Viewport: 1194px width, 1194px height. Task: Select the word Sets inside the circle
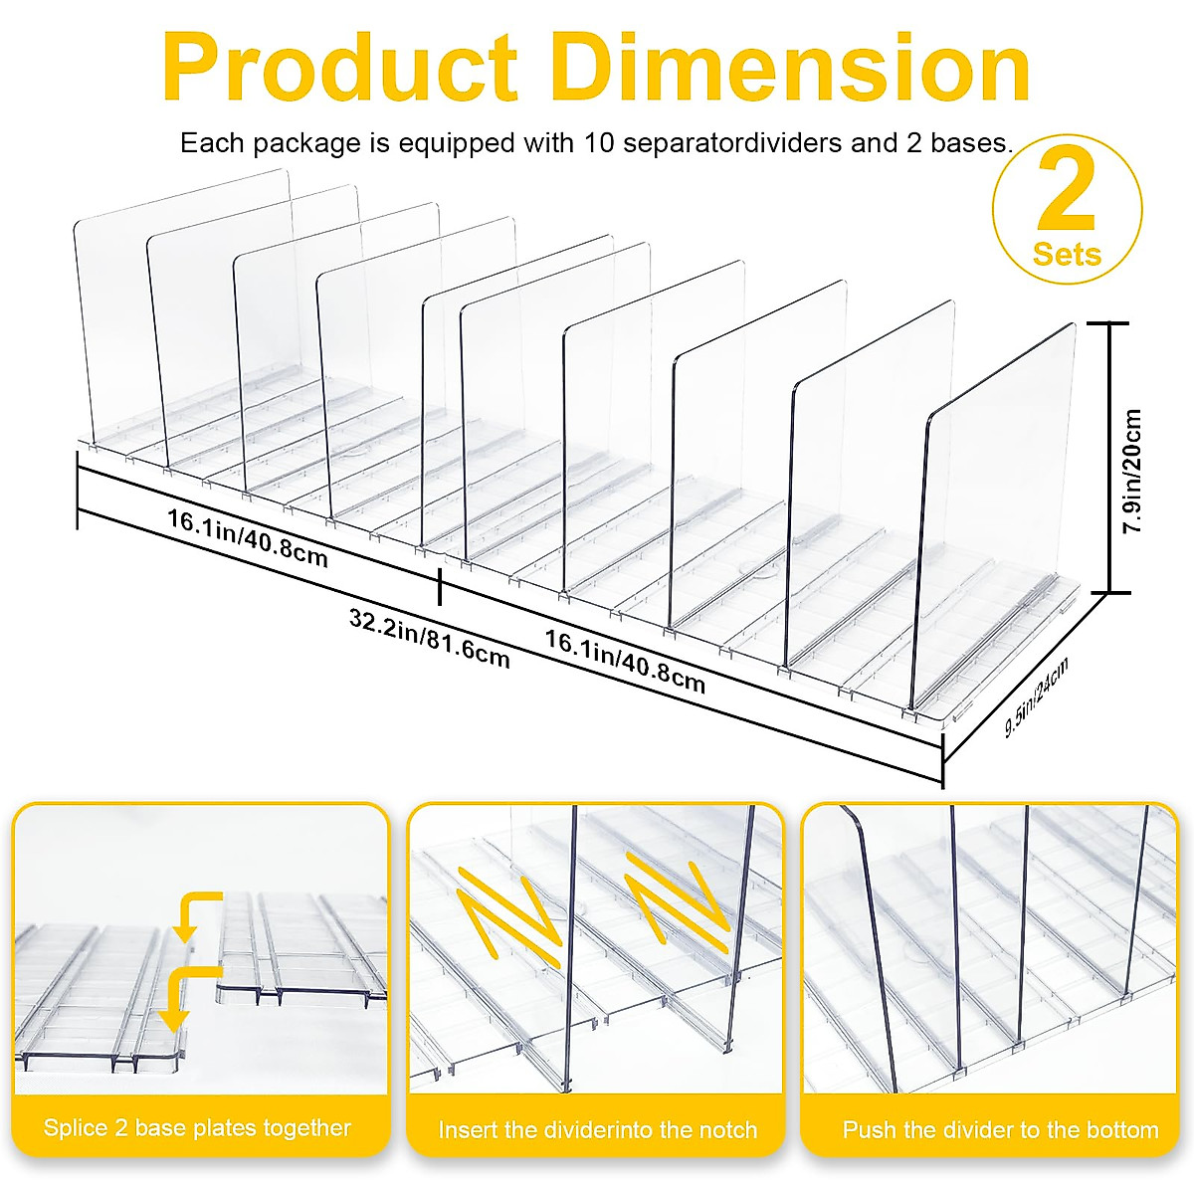pyautogui.click(x=1067, y=254)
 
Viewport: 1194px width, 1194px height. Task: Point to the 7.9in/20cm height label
pyautogui.click(x=1131, y=472)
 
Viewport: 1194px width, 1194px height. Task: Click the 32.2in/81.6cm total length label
pyautogui.click(x=429, y=638)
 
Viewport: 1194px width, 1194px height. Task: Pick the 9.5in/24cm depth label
pyautogui.click(x=1036, y=696)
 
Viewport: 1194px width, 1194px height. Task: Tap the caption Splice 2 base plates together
pyautogui.click(x=197, y=1127)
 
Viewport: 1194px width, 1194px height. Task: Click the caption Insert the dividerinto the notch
pyautogui.click(x=597, y=1129)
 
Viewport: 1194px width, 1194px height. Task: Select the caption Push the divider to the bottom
pyautogui.click(x=1000, y=1129)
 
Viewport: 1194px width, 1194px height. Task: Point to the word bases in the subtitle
pyautogui.click(x=970, y=143)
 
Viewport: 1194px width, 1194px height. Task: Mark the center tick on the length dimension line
pyautogui.click(x=440, y=588)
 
